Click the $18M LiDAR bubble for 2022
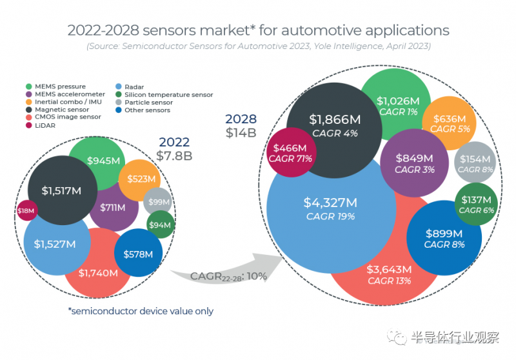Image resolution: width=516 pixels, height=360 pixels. (x=26, y=210)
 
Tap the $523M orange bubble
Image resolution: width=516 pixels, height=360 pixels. (x=140, y=179)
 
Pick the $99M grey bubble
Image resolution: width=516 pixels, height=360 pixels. (x=157, y=203)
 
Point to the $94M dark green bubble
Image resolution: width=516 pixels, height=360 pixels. (x=161, y=225)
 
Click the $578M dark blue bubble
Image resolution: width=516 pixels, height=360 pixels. (x=138, y=254)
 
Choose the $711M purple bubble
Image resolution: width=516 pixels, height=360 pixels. (x=114, y=208)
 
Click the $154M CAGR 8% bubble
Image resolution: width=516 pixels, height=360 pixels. (x=475, y=163)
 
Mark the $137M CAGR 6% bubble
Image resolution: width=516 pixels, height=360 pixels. (x=476, y=205)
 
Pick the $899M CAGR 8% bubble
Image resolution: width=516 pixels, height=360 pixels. (x=444, y=238)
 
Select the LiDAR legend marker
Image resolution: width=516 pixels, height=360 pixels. (x=30, y=126)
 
